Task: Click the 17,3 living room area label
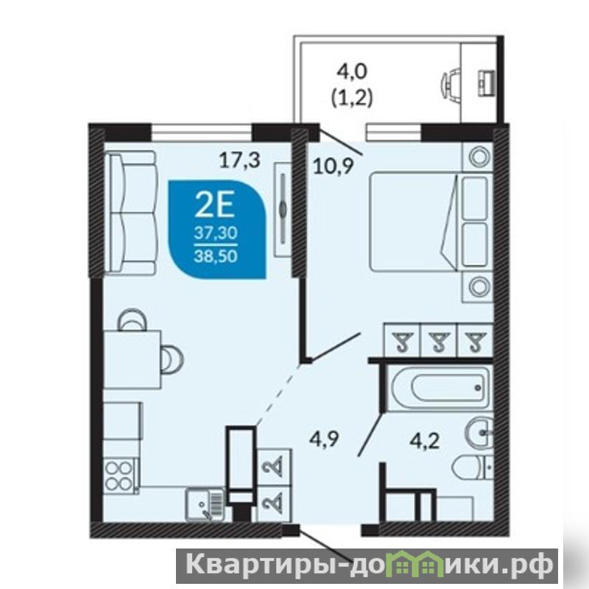pos(240,161)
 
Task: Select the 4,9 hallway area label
pos(324,439)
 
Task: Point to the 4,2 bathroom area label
pos(425,440)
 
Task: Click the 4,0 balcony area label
pos(352,71)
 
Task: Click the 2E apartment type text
pos(215,205)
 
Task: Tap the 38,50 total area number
pos(216,256)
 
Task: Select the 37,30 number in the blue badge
pos(216,233)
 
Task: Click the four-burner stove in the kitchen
pos(119,476)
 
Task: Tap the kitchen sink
pos(205,504)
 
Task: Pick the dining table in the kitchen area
pos(133,359)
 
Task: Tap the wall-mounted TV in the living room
pos(282,210)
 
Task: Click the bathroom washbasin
pos(479,433)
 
